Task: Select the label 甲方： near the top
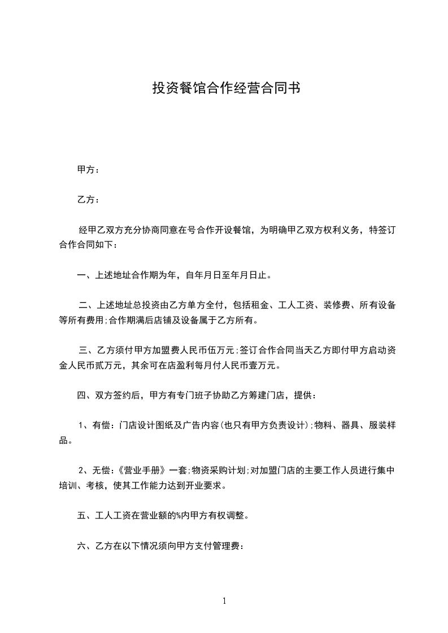pyautogui.click(x=88, y=170)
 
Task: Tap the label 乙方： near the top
pyautogui.click(x=88, y=200)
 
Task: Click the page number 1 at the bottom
pyautogui.click(x=224, y=601)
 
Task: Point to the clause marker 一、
pyautogui.click(x=84, y=276)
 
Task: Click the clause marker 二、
pyautogui.click(x=85, y=306)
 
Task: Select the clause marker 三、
pyautogui.click(x=85, y=350)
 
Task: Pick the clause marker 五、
pyautogui.click(x=84, y=516)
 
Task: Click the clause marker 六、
pyautogui.click(x=84, y=546)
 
